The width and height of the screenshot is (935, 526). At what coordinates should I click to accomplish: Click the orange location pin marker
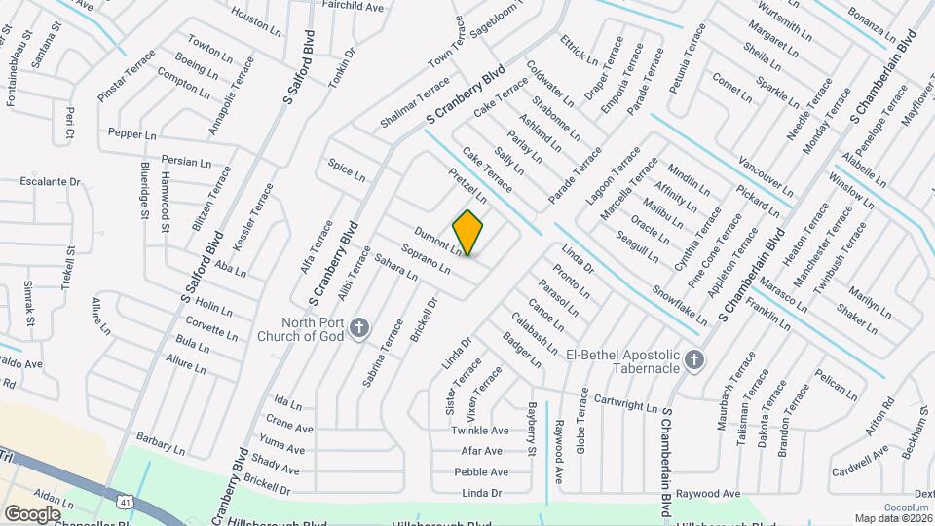pyautogui.click(x=468, y=233)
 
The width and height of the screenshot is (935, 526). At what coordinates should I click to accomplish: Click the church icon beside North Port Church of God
pyautogui.click(x=359, y=327)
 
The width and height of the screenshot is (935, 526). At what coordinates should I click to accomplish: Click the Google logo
pyautogui.click(x=32, y=513)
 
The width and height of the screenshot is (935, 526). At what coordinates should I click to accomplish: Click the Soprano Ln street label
pyautogui.click(x=426, y=258)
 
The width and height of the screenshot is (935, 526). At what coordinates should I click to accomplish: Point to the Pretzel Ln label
pyautogui.click(x=467, y=184)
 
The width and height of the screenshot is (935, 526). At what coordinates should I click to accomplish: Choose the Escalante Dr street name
pyautogui.click(x=51, y=181)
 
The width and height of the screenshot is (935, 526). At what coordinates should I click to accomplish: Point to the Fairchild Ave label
pyautogui.click(x=353, y=6)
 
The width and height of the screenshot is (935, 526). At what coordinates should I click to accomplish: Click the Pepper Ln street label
pyautogui.click(x=132, y=133)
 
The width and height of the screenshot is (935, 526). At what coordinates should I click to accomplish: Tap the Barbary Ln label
pyautogui.click(x=161, y=443)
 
